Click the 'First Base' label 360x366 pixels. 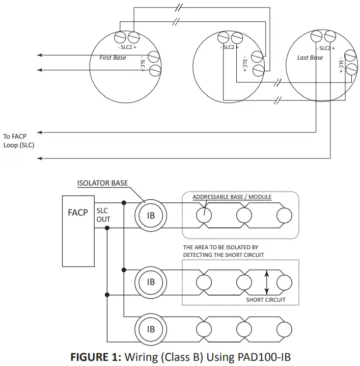point(113,58)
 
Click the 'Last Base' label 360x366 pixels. point(310,58)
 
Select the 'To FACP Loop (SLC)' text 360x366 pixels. point(19,140)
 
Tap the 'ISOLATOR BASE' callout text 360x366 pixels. point(102,183)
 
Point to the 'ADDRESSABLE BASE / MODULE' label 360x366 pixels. point(232,197)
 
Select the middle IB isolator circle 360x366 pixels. point(151,281)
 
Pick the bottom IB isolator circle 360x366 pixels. point(151,329)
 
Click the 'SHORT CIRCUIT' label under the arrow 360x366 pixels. point(266,300)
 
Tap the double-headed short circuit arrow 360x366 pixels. point(266,282)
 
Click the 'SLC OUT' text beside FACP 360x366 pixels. point(103,215)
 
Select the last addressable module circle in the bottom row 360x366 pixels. point(284,329)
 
